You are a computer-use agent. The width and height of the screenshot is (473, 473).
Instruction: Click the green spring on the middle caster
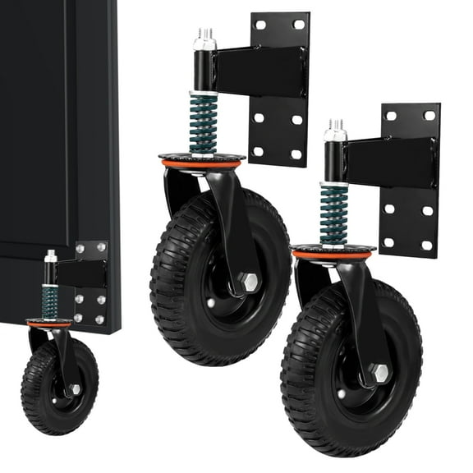point(203,123)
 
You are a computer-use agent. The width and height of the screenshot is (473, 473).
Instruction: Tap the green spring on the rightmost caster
point(333,215)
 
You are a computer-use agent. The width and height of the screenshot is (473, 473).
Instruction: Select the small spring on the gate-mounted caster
point(50,301)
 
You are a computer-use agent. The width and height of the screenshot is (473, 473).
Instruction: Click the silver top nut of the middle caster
point(203,39)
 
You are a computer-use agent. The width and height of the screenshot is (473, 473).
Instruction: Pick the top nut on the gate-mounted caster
point(51,257)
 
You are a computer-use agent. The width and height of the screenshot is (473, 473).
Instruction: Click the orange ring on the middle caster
point(202,163)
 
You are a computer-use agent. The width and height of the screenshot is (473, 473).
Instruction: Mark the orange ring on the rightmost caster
point(333,255)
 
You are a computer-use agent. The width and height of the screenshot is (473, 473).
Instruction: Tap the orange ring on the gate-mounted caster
point(49,324)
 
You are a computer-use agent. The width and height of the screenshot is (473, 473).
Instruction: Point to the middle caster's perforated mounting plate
point(279,123)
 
